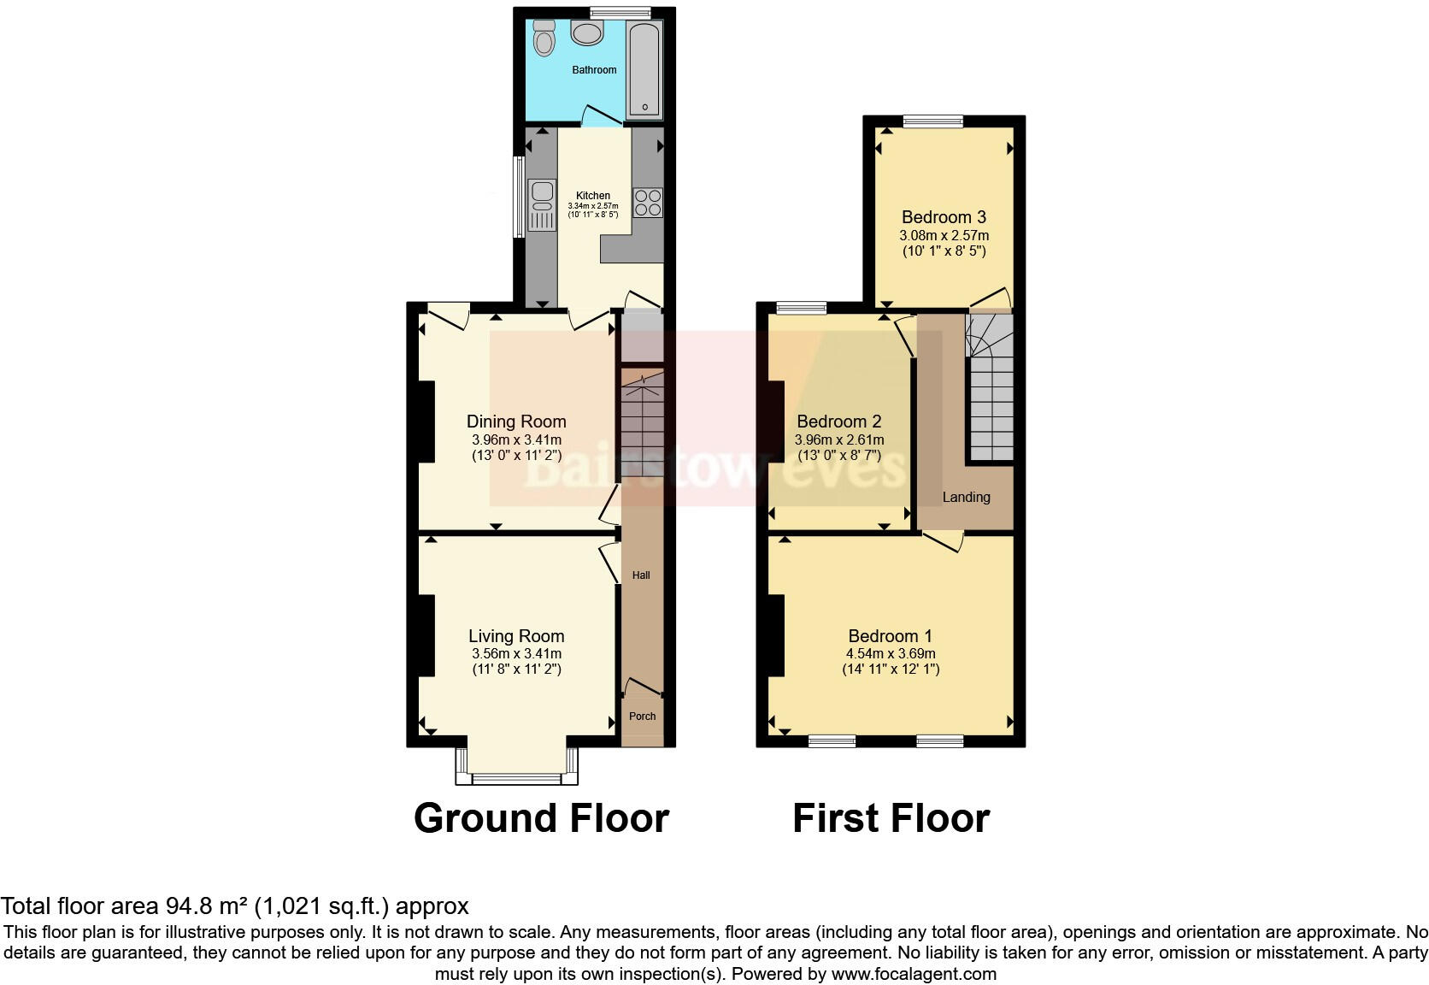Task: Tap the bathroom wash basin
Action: point(587,33)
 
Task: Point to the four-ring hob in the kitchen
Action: point(647,202)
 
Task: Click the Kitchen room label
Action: point(593,196)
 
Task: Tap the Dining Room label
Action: point(516,421)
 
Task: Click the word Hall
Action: point(641,575)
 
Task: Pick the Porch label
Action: point(643,717)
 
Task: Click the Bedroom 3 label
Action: point(944,217)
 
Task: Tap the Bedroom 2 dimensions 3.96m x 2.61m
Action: point(839,439)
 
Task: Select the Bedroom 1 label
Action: point(890,636)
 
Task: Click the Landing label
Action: point(966,497)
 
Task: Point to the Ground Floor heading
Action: point(541,818)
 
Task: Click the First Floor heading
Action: point(891,818)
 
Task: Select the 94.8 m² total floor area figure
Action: point(198,906)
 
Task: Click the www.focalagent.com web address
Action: point(914,974)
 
